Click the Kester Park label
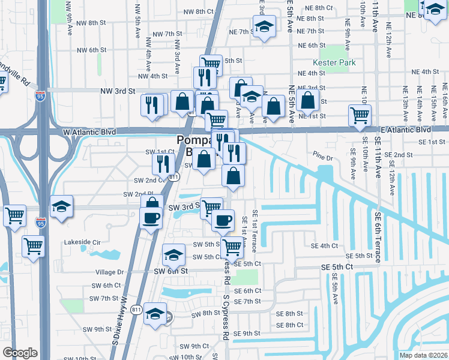coord(334,62)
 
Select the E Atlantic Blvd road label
coord(405,129)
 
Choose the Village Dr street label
coord(109,272)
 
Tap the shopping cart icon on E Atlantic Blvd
coord(360,115)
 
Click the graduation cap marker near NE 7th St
coord(264,27)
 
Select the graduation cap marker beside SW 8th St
coord(155,314)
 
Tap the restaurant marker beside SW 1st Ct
coord(163,163)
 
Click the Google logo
coord(20,353)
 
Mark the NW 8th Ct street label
coord(199,11)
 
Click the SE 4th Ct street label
coord(324,245)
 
